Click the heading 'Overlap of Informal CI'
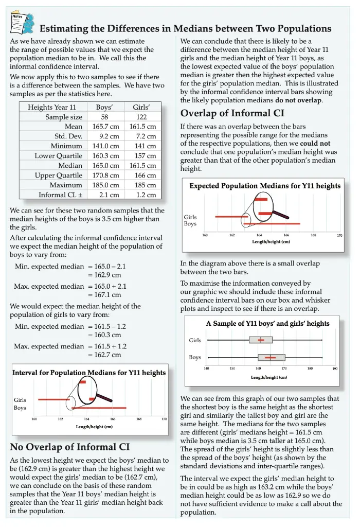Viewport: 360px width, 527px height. point(232,113)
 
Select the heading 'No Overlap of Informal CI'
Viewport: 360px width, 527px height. point(70,446)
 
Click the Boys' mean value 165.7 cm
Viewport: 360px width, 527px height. point(106,127)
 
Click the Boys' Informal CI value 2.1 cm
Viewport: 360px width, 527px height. point(109,195)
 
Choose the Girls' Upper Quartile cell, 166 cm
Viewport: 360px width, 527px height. point(145,175)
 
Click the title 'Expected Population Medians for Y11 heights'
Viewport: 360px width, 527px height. point(265,186)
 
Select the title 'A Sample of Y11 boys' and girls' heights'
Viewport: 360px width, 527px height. point(267,324)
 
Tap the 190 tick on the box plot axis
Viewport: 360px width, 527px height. point(334,368)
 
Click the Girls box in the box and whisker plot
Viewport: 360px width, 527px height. point(261,340)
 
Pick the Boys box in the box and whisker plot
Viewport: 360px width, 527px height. point(271,357)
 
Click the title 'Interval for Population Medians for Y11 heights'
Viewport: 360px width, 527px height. point(89,373)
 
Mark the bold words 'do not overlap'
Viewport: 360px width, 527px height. point(299,100)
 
